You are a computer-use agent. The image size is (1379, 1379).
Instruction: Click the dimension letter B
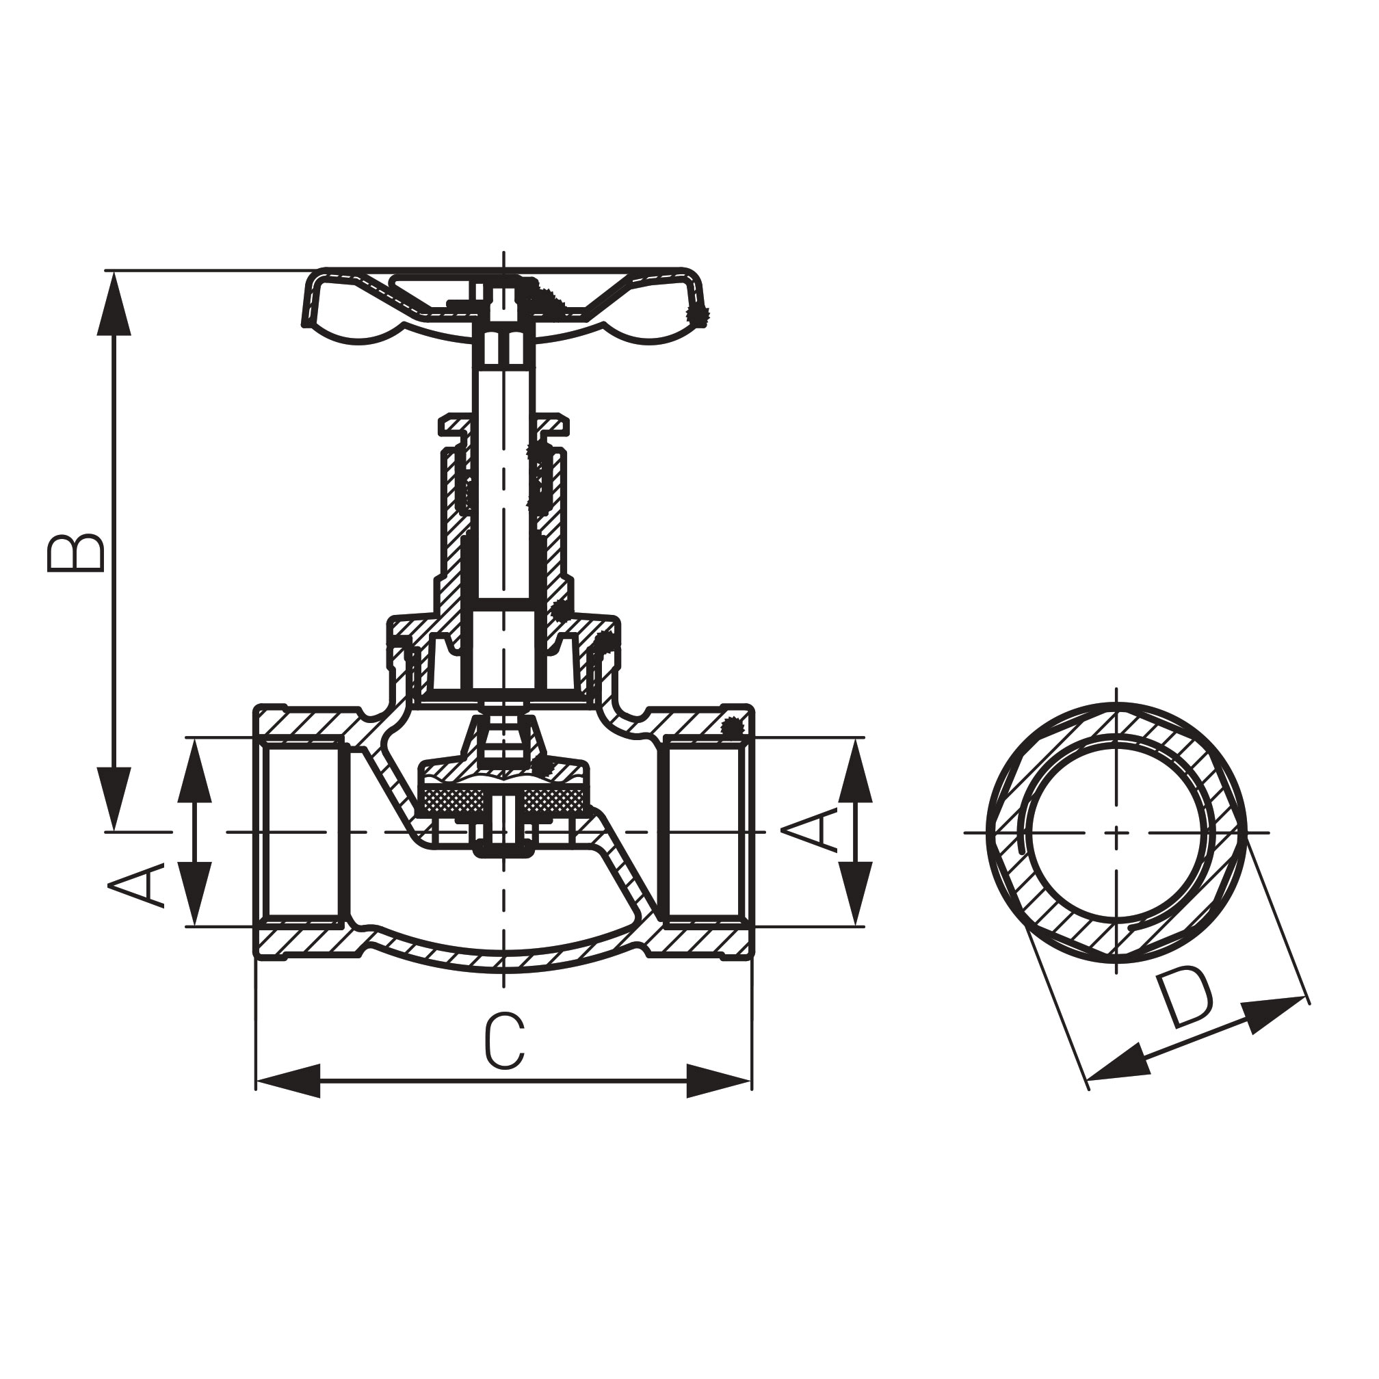tap(76, 553)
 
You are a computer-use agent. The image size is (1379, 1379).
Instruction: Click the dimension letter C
tap(505, 1041)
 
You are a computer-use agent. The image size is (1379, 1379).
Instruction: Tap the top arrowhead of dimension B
tap(114, 303)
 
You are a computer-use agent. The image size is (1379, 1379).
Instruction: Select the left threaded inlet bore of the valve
tap(303, 832)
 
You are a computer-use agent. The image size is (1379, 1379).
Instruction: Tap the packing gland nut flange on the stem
tap(504, 425)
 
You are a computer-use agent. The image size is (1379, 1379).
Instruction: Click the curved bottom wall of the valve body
tap(504, 962)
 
